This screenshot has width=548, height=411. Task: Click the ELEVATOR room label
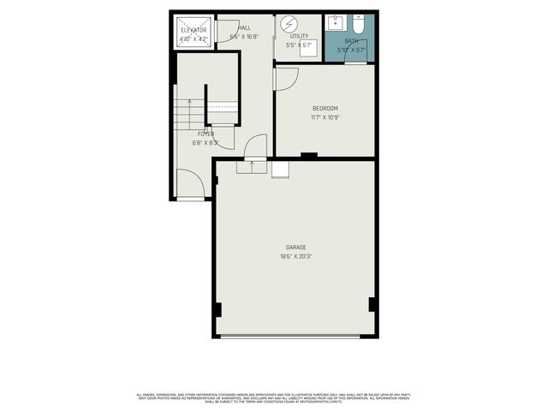pyautogui.click(x=194, y=31)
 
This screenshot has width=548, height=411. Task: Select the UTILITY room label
pyautogui.click(x=299, y=36)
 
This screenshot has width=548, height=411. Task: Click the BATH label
pyautogui.click(x=351, y=41)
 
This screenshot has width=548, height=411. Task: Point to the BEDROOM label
pyautogui.click(x=325, y=108)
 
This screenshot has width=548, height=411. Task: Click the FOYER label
pyautogui.click(x=205, y=134)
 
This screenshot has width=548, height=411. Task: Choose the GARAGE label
pyautogui.click(x=295, y=247)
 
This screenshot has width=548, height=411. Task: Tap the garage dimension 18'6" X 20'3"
pyautogui.click(x=295, y=256)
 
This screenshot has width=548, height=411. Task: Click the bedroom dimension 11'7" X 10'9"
pyautogui.click(x=325, y=117)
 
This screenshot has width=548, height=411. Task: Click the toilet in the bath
pyautogui.click(x=359, y=24)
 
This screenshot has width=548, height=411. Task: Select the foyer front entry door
pyautogui.click(x=189, y=184)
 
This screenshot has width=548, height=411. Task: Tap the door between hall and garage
pyautogui.click(x=255, y=148)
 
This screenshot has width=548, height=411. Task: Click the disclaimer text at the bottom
pyautogui.click(x=274, y=397)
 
